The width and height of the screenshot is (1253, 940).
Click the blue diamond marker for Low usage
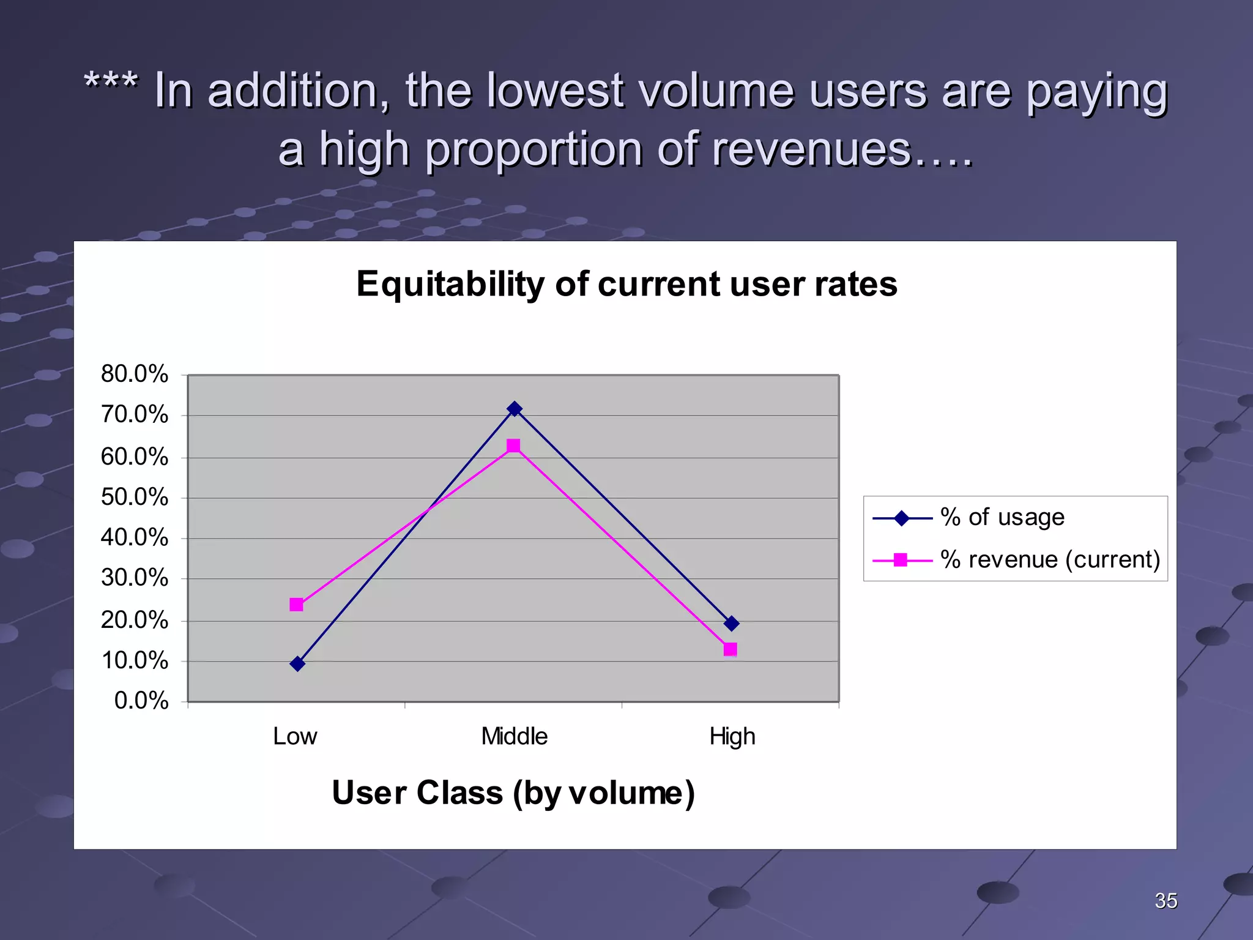(297, 664)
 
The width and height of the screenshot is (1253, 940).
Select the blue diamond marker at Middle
(515, 409)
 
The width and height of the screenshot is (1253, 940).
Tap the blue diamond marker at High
(731, 624)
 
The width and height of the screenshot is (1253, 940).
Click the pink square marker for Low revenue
(297, 605)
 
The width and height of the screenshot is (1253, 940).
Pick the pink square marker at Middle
(514, 446)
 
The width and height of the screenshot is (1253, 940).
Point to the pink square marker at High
(730, 649)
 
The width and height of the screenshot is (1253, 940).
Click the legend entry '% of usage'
(1002, 518)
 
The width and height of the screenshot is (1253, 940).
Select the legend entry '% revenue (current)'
(1049, 559)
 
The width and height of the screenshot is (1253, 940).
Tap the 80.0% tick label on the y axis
(134, 374)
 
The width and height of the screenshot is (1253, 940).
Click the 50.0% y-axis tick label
(134, 497)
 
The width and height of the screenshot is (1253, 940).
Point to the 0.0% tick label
(141, 701)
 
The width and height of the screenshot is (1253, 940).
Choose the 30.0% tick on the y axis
(134, 578)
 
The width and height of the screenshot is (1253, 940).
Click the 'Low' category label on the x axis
(295, 736)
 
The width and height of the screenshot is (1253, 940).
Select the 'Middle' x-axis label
(514, 736)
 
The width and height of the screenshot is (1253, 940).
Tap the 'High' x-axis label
(732, 736)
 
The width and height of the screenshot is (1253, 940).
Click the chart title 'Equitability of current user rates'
(626, 285)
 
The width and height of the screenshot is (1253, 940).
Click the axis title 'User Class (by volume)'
(513, 793)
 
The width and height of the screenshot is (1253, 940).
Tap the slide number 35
(1166, 901)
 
